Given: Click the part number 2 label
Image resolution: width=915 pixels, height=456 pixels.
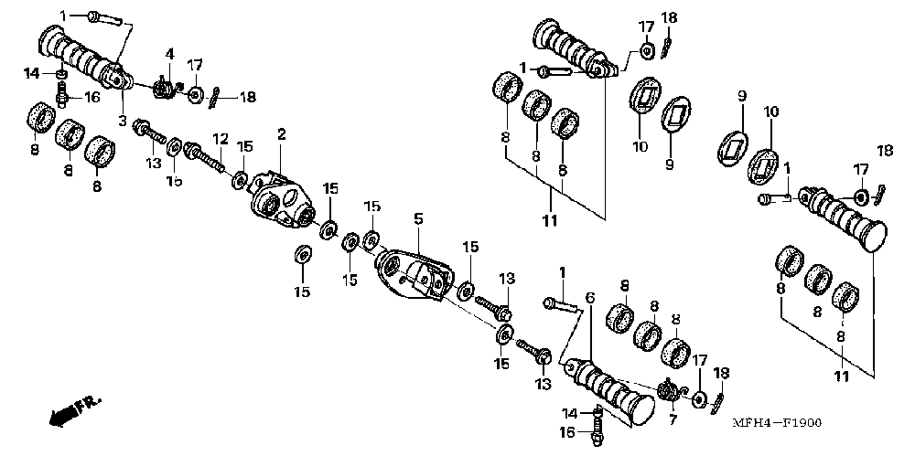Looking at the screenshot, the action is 282,134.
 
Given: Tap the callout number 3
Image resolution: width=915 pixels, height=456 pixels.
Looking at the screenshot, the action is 122,120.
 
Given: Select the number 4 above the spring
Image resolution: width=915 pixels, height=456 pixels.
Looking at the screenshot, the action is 169,55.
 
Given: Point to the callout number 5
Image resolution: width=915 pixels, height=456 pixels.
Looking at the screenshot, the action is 418,219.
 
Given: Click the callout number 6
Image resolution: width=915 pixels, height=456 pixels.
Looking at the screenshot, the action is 590,298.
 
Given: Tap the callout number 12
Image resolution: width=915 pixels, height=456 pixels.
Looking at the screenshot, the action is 220,138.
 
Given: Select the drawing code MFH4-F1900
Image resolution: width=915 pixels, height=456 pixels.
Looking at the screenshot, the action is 777,423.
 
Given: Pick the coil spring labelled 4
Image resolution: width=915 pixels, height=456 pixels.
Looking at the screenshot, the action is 164,89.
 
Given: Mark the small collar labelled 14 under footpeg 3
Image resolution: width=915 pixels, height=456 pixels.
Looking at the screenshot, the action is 61,74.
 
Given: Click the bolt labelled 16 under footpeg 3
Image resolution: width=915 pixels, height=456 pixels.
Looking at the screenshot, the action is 63,93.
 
